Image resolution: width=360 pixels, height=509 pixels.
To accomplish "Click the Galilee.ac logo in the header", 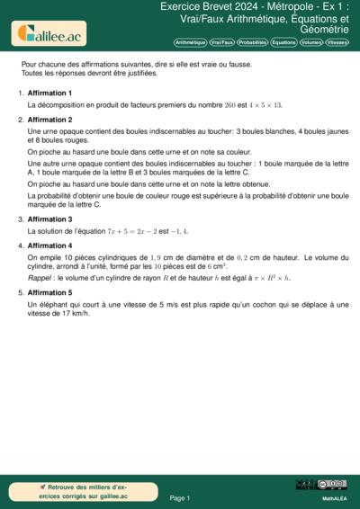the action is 47,34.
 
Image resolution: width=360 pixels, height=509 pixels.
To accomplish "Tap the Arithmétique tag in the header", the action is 190,42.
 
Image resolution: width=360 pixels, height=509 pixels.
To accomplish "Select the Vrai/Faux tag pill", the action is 222,42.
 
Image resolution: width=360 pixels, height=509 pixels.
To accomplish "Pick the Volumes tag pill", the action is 311,42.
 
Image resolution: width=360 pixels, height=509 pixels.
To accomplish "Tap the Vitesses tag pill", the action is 337,42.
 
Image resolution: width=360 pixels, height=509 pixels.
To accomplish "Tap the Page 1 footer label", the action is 180,497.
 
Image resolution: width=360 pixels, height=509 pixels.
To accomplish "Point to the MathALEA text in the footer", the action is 335,496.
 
